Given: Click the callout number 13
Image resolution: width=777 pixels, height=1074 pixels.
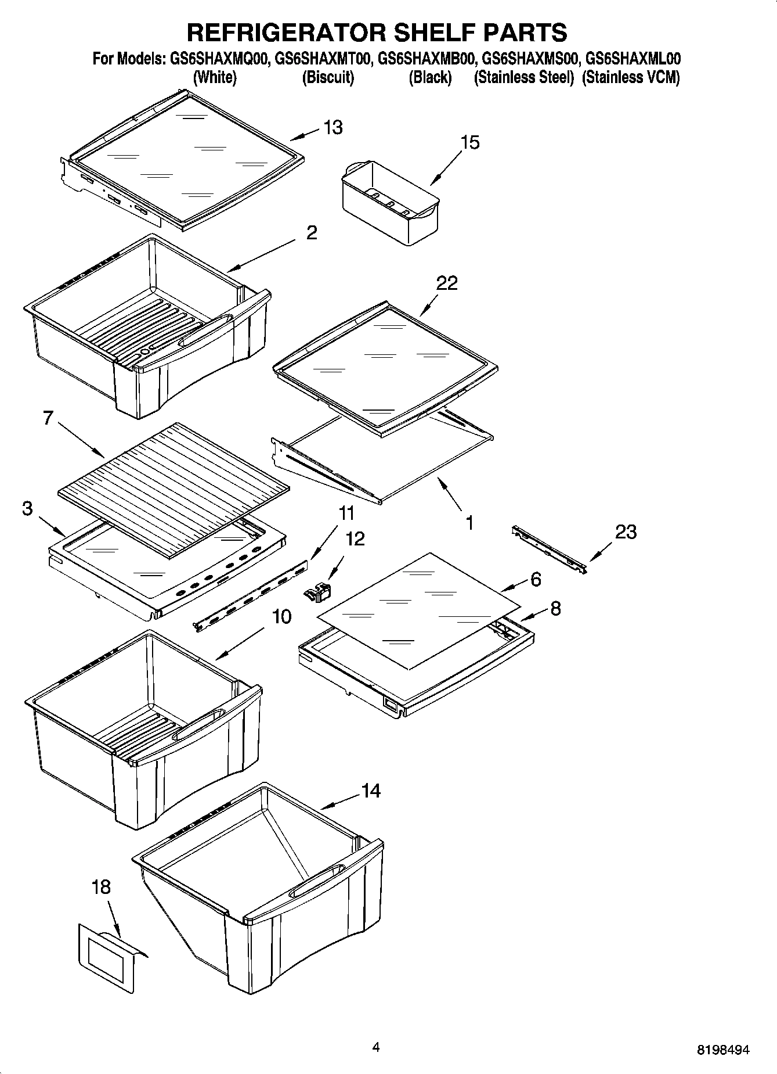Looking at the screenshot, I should [x=333, y=127].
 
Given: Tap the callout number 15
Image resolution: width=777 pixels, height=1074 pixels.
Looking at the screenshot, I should [x=470, y=142].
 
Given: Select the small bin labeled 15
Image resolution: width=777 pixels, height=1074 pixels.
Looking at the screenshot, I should [x=390, y=202].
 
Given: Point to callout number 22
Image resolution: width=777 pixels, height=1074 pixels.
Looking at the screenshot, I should [x=447, y=283].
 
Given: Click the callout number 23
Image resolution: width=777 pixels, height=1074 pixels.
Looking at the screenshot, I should [x=626, y=531].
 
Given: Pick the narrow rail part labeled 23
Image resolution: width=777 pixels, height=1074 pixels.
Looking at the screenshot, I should [x=550, y=548].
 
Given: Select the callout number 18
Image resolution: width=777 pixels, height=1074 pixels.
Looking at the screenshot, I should [x=101, y=887].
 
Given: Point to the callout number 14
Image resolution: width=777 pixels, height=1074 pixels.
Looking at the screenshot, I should [x=371, y=791].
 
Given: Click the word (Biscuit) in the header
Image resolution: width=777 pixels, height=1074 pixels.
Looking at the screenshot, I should [x=328, y=77].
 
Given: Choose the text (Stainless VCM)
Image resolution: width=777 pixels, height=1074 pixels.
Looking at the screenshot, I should [x=631, y=77].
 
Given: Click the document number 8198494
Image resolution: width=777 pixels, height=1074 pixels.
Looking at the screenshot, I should [x=722, y=1050].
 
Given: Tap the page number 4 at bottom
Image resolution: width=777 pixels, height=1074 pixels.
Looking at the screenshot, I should [x=376, y=1047].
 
